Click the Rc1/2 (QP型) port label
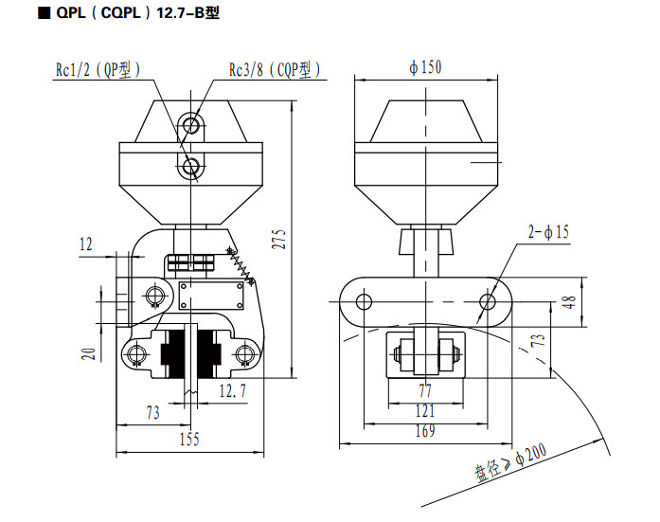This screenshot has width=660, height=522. (x=98, y=70)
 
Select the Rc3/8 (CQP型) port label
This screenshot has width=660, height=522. (x=275, y=70)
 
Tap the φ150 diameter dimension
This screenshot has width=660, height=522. (x=425, y=67)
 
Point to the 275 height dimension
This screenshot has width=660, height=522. (x=279, y=239)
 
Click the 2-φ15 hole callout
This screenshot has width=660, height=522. (x=548, y=232)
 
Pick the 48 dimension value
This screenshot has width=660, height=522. (x=569, y=302)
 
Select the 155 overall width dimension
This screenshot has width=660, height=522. (x=189, y=439)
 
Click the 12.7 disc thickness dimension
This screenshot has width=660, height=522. (x=232, y=391)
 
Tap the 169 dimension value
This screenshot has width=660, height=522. (x=425, y=431)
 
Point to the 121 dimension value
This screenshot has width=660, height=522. (x=425, y=411)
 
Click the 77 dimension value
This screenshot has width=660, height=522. (x=425, y=391)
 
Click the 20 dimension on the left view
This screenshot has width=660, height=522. (x=89, y=353)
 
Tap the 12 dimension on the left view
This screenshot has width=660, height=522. (x=86, y=244)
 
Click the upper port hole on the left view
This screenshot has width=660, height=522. (x=191, y=125)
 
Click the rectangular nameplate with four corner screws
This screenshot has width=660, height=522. (x=211, y=296)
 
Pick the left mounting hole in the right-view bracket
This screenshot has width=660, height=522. (x=364, y=302)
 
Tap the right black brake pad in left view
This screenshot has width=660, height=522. (x=209, y=353)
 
